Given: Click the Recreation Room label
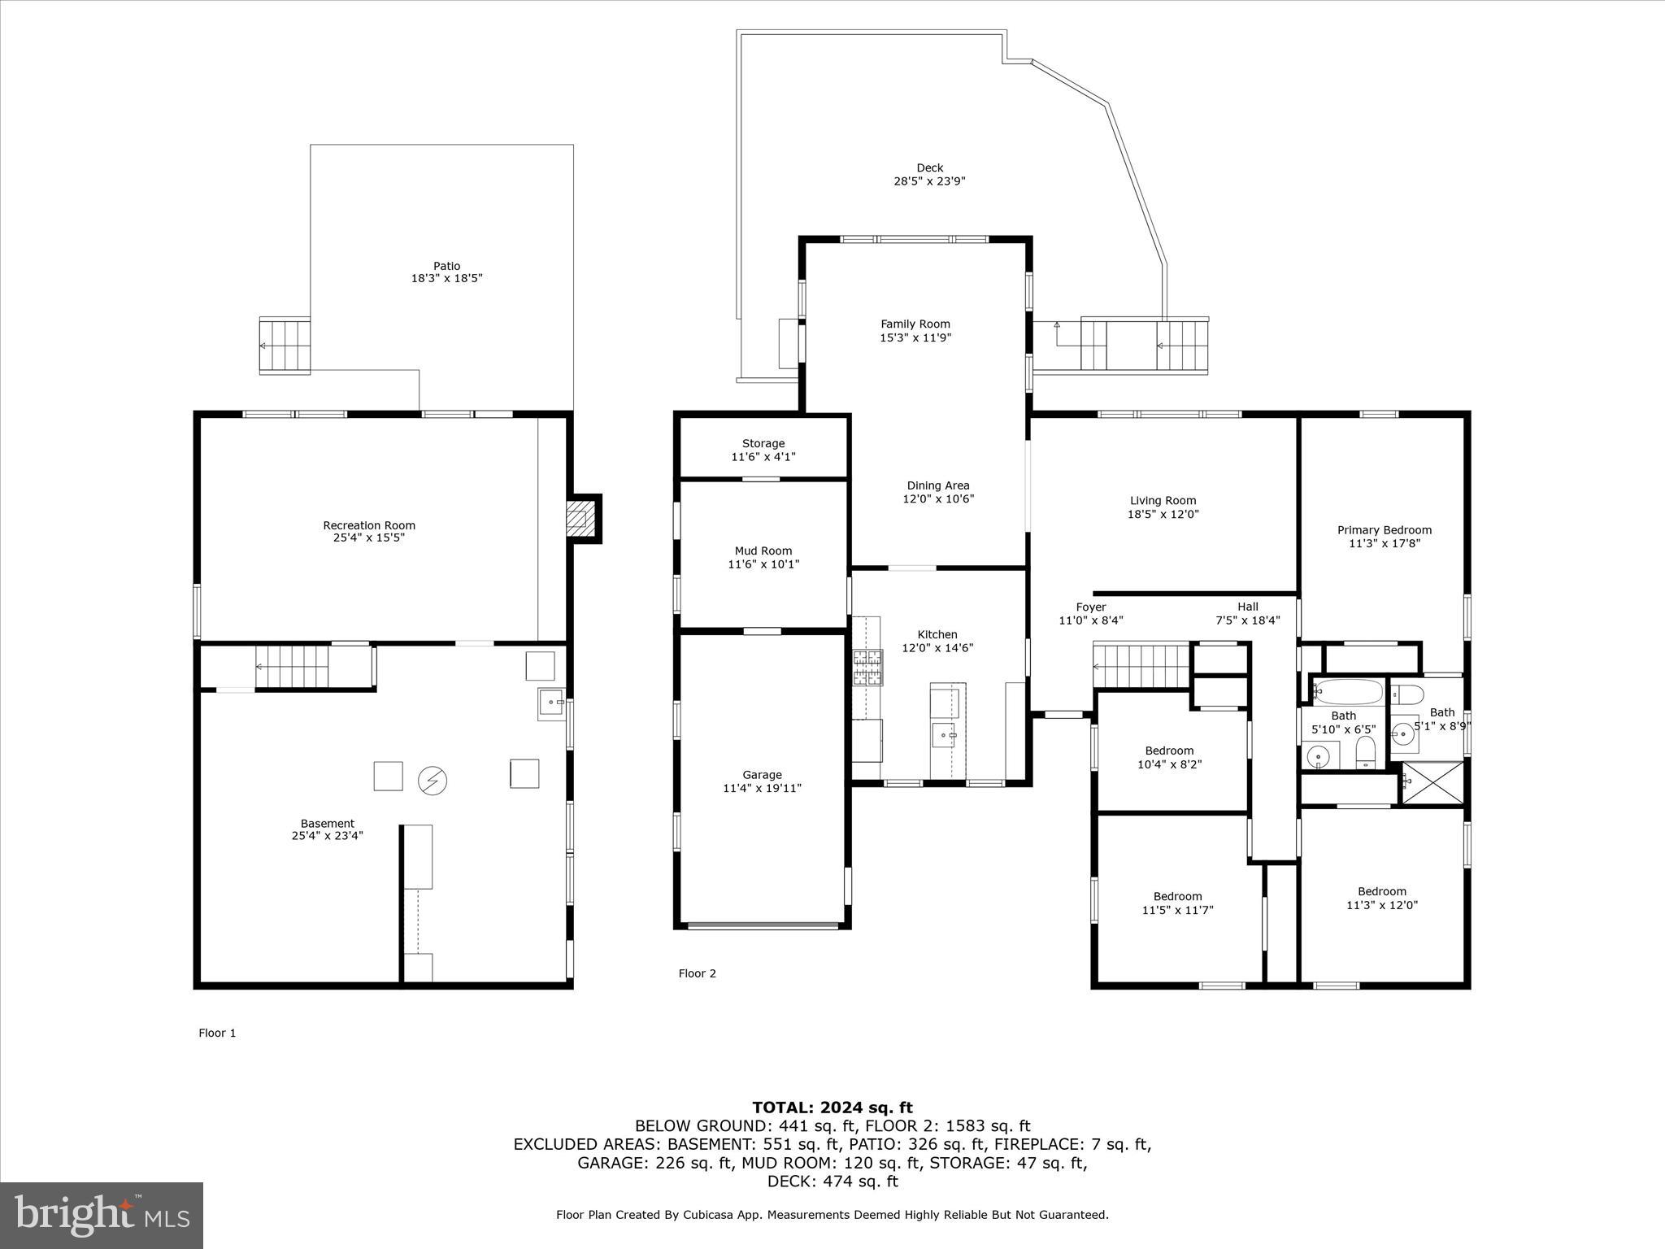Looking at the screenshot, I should coord(369,525).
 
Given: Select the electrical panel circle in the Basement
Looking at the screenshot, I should coord(432,781).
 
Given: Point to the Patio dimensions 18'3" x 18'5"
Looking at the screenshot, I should coord(446,278).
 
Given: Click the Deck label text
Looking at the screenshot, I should coord(929,168).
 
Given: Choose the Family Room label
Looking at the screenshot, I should coord(915,324).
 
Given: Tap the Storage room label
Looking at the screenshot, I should coord(763,443).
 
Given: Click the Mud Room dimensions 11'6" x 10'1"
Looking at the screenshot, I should coord(763,564).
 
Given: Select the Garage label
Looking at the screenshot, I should coord(762,775).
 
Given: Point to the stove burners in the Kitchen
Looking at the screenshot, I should coord(867,668).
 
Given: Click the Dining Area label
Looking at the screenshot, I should coord(938,485).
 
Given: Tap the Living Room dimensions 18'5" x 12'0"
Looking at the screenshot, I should coord(1163,514).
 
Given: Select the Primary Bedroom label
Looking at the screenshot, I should coord(1385,530).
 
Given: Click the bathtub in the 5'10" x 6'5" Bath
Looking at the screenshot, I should coord(1347,692).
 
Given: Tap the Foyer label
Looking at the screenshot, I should coord(1090,607).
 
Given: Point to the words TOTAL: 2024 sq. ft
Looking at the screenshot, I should coord(832,1108).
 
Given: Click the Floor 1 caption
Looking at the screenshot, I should coord(217,1033).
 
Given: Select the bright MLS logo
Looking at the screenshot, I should coord(102,1216).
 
